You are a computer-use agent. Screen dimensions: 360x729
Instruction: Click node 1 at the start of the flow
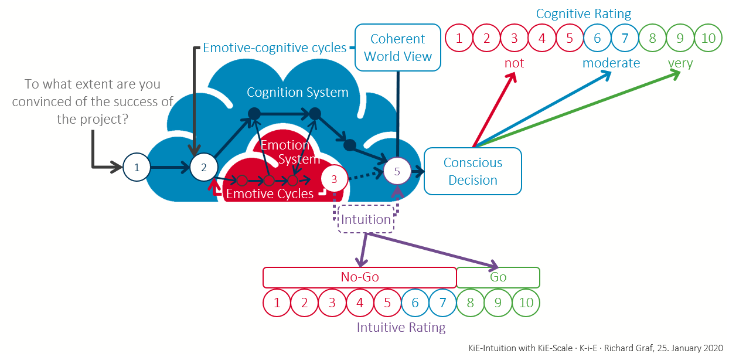[x=137, y=167]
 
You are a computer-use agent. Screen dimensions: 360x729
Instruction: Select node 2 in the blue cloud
[x=204, y=167]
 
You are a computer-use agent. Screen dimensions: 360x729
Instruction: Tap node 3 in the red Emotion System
[x=334, y=178]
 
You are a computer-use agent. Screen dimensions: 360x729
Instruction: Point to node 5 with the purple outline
[x=397, y=171]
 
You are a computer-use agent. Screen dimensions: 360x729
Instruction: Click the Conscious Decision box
[x=472, y=171]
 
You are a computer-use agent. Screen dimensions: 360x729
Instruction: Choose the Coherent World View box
[x=398, y=47]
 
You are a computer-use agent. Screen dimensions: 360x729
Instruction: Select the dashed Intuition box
[x=366, y=219]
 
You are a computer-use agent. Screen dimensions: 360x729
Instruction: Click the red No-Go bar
[x=359, y=277]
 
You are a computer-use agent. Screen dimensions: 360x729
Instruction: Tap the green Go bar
[x=498, y=277]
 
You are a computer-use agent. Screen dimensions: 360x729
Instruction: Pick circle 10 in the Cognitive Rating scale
[x=708, y=39]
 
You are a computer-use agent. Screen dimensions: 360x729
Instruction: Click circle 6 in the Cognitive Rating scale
[x=597, y=39]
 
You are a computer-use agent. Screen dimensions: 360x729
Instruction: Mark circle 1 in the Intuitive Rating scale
[x=277, y=303]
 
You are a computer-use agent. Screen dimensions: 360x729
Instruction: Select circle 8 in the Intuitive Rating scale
[x=470, y=303]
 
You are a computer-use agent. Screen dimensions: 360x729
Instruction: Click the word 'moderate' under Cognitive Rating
[x=611, y=63]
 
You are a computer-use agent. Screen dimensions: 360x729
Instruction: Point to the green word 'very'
[x=680, y=63]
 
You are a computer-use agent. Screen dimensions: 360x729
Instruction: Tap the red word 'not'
[x=514, y=63]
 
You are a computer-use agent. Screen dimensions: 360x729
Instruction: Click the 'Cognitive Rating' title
[x=584, y=13]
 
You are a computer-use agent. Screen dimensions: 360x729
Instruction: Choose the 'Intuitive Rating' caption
[x=401, y=327]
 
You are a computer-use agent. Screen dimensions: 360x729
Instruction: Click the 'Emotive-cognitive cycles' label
[x=274, y=48]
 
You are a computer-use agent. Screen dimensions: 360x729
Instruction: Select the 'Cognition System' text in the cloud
[x=297, y=93]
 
